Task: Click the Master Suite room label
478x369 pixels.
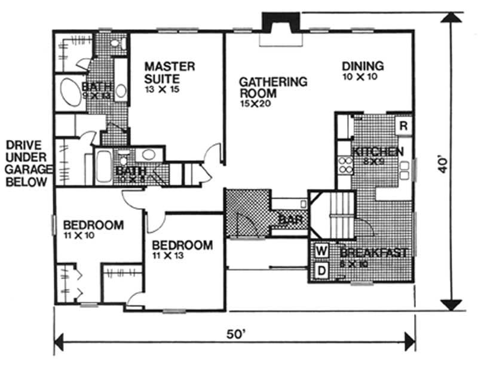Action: point(170,72)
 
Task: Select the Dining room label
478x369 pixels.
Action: point(363,66)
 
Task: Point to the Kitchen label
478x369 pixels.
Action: point(378,151)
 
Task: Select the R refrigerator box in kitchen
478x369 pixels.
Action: point(404,127)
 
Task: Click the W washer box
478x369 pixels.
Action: point(321,249)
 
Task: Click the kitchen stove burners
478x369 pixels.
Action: point(345,164)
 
